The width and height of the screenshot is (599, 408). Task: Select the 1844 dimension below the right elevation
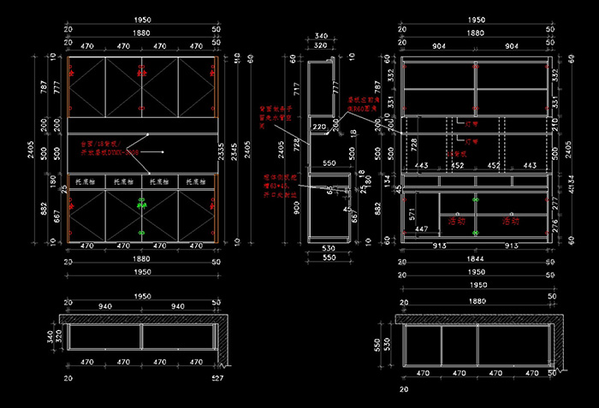[x=475, y=257]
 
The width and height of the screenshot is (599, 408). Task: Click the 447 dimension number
[x=420, y=229]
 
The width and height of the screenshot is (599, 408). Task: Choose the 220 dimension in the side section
[x=319, y=127]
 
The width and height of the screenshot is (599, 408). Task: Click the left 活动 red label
[x=457, y=221]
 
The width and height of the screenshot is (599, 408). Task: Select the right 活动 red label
[x=511, y=221]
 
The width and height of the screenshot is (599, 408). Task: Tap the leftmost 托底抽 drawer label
[x=86, y=182]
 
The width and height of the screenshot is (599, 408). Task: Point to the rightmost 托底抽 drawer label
[x=197, y=182]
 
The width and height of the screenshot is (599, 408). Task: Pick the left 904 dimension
[x=437, y=46]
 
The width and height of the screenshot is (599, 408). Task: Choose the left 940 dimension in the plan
[x=105, y=305]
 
